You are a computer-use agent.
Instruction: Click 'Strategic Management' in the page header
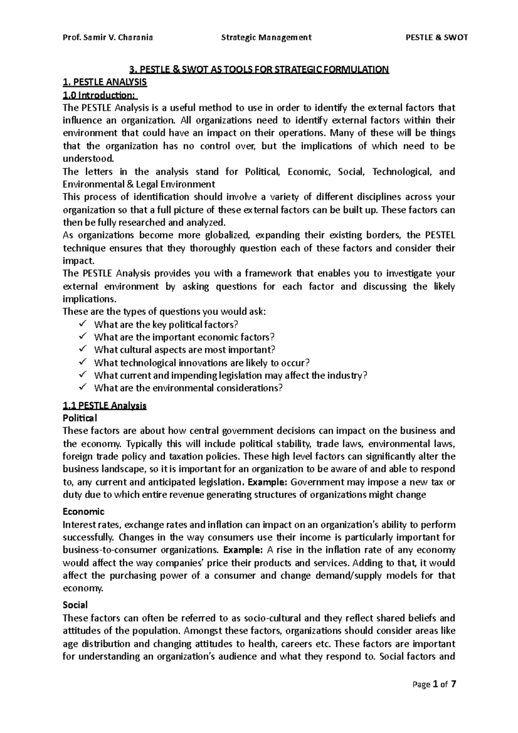(x=266, y=38)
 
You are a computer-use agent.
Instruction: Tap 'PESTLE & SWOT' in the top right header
(x=437, y=38)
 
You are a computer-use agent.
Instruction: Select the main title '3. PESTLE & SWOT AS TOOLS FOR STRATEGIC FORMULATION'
(x=259, y=70)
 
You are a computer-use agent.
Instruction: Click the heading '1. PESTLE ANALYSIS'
(x=105, y=82)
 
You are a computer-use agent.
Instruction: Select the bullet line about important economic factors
(x=184, y=337)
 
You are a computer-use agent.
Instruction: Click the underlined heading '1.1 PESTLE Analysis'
(x=105, y=406)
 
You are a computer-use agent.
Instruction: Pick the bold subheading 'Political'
(x=80, y=418)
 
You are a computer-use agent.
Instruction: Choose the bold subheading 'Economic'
(x=84, y=512)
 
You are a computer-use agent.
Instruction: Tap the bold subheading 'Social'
(x=75, y=605)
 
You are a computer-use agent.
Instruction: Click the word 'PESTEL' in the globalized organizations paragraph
(x=440, y=235)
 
